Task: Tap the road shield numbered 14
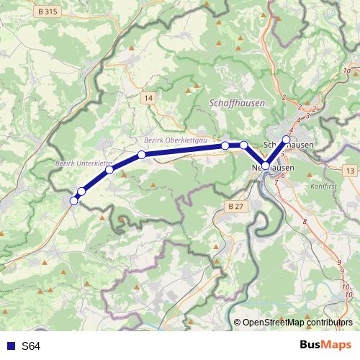click(148, 97)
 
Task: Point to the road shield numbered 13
click(349, 170)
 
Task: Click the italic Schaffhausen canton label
click(236, 104)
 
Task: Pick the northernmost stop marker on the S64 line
click(286, 140)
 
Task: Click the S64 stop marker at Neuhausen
click(265, 166)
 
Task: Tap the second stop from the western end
click(81, 192)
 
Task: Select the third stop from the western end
click(109, 170)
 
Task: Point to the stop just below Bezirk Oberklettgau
click(142, 155)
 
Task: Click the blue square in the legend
click(9, 346)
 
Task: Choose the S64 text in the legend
click(31, 346)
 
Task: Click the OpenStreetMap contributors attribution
click(297, 322)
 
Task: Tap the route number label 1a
click(347, 71)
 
